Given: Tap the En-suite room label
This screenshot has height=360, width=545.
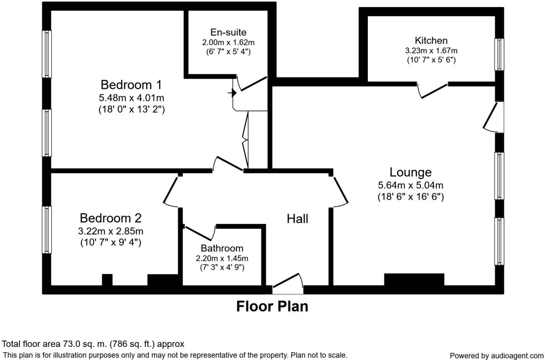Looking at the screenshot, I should pyautogui.click(x=228, y=32).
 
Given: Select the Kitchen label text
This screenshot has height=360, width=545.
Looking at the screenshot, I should pyautogui.click(x=431, y=41).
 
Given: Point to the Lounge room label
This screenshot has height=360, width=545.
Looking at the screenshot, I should pyautogui.click(x=410, y=173).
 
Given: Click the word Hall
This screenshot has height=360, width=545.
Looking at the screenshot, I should pyautogui.click(x=297, y=218).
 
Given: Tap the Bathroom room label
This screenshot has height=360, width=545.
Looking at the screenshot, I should pyautogui.click(x=222, y=248).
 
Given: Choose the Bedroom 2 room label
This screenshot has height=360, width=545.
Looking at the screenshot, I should pyautogui.click(x=110, y=218).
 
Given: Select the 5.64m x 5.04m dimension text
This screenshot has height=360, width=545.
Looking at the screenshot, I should pyautogui.click(x=410, y=185).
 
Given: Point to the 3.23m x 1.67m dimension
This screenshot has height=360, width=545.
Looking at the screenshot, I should pyautogui.click(x=431, y=50).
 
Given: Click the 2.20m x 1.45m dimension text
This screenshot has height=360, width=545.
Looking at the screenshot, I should pyautogui.click(x=222, y=258).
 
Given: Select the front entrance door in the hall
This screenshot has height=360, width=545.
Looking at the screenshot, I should pyautogui.click(x=288, y=284).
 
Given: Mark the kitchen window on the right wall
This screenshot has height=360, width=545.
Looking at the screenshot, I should pyautogui.click(x=500, y=54).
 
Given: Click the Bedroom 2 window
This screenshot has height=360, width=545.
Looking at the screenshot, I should pyautogui.click(x=47, y=230).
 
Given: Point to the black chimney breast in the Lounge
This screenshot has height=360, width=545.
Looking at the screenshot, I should pyautogui.click(x=414, y=279).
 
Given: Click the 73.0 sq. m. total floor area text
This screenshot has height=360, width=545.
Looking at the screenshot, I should pyautogui.click(x=93, y=344).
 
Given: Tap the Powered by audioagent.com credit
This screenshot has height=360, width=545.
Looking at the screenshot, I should pyautogui.click(x=496, y=356).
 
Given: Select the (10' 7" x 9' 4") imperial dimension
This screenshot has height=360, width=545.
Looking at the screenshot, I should pyautogui.click(x=110, y=242).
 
